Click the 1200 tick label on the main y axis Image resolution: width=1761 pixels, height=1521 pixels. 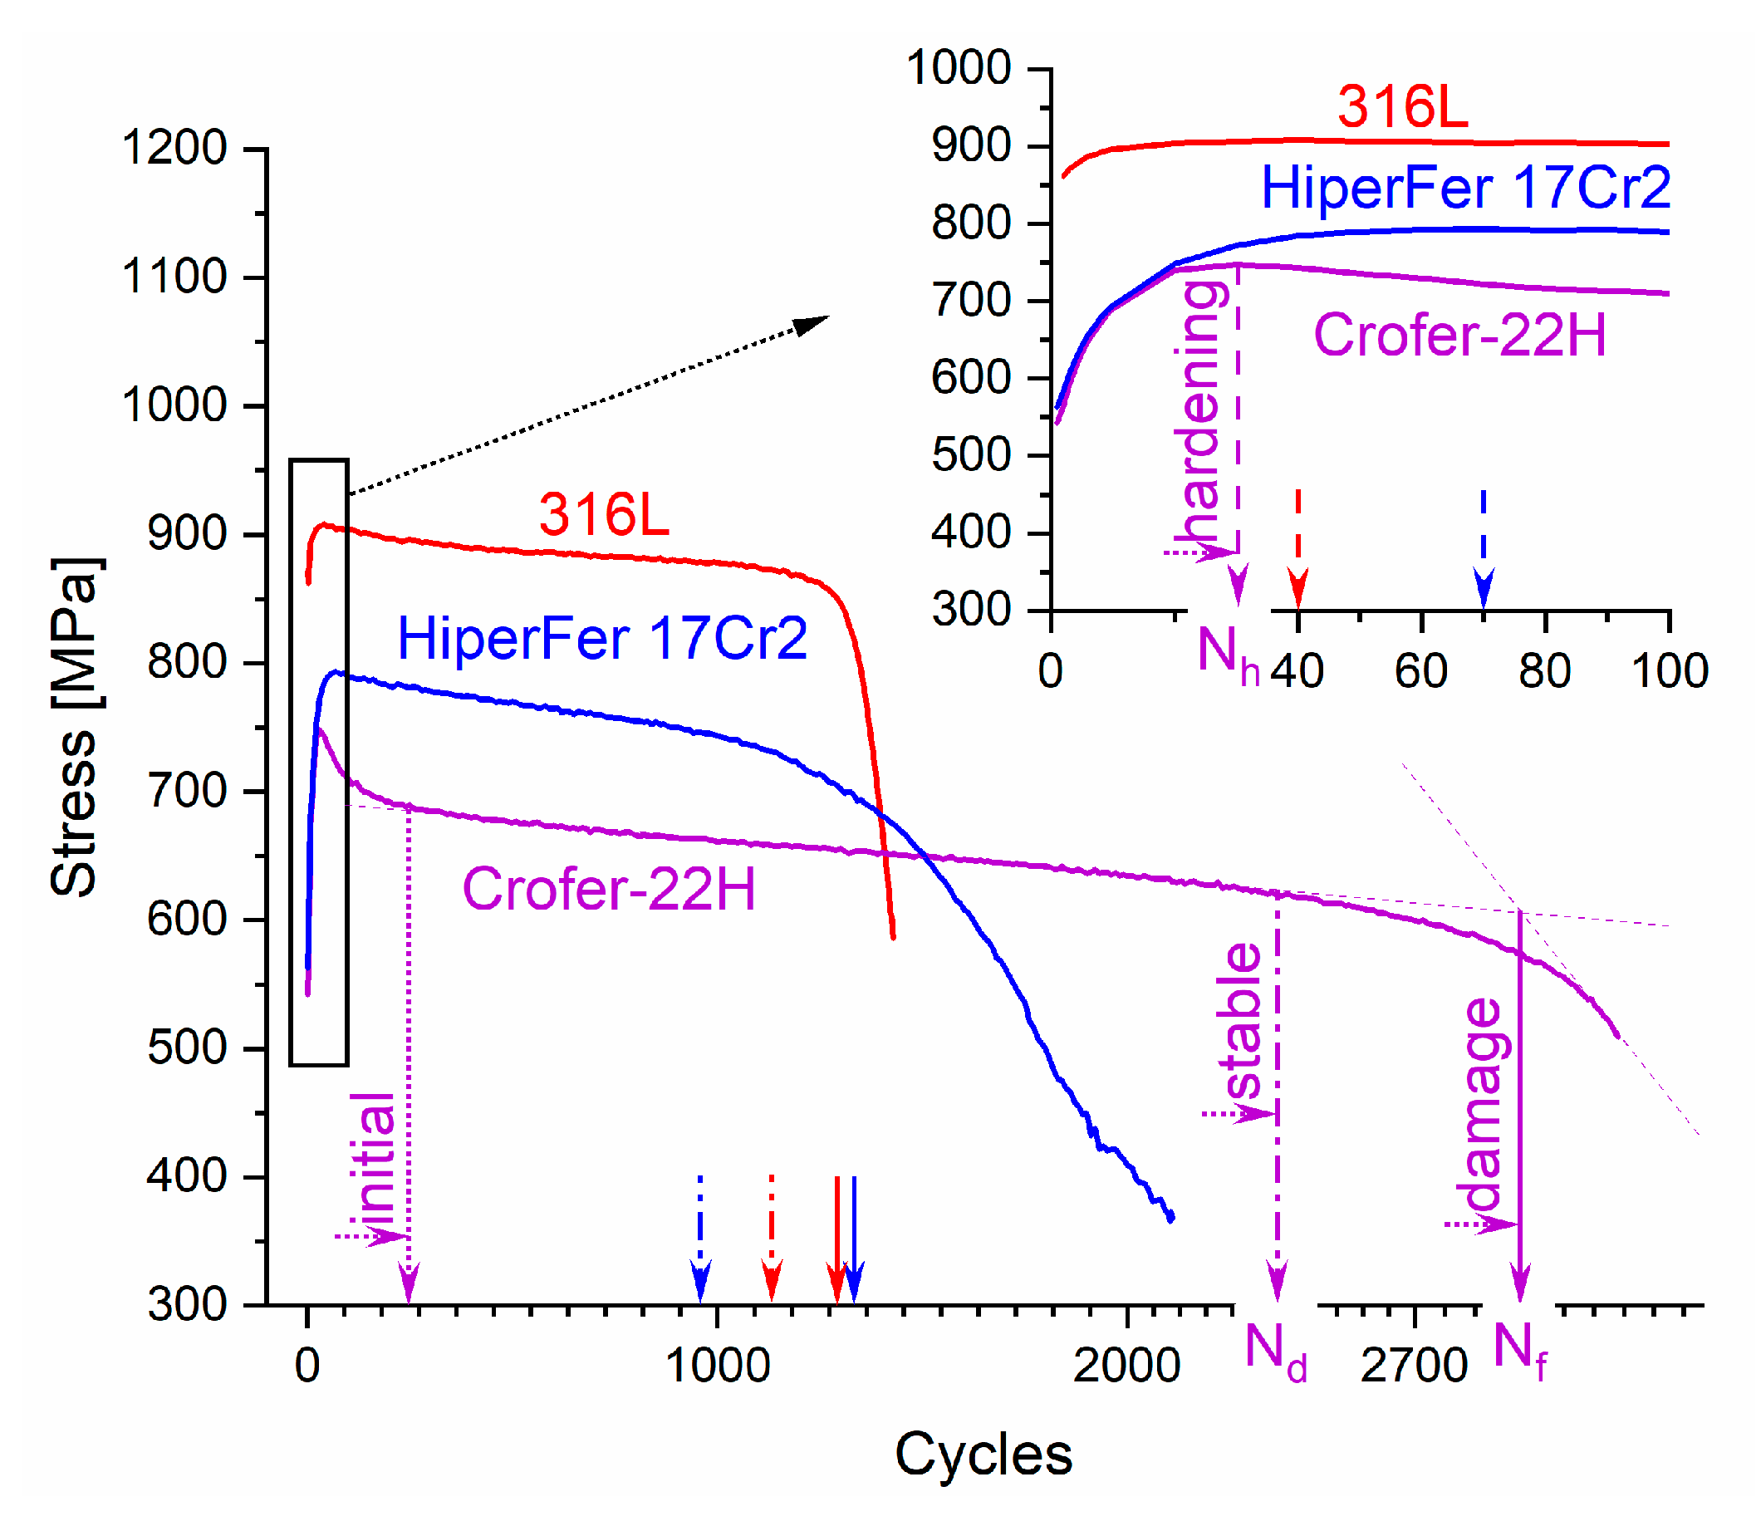174,149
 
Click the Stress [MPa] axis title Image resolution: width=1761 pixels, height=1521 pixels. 75,727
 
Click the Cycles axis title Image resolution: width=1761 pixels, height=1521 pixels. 984,1454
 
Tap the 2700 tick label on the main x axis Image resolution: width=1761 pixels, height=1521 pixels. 1414,1366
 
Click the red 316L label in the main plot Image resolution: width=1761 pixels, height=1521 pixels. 603,515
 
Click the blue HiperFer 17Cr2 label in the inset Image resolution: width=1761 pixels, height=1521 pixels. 1465,188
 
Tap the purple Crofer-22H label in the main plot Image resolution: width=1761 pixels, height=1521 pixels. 608,890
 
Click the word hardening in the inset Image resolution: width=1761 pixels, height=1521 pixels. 1202,412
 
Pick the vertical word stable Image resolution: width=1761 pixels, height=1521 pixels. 1243,1024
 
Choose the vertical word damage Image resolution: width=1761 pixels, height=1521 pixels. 1483,1105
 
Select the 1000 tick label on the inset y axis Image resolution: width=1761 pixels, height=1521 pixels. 958,68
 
